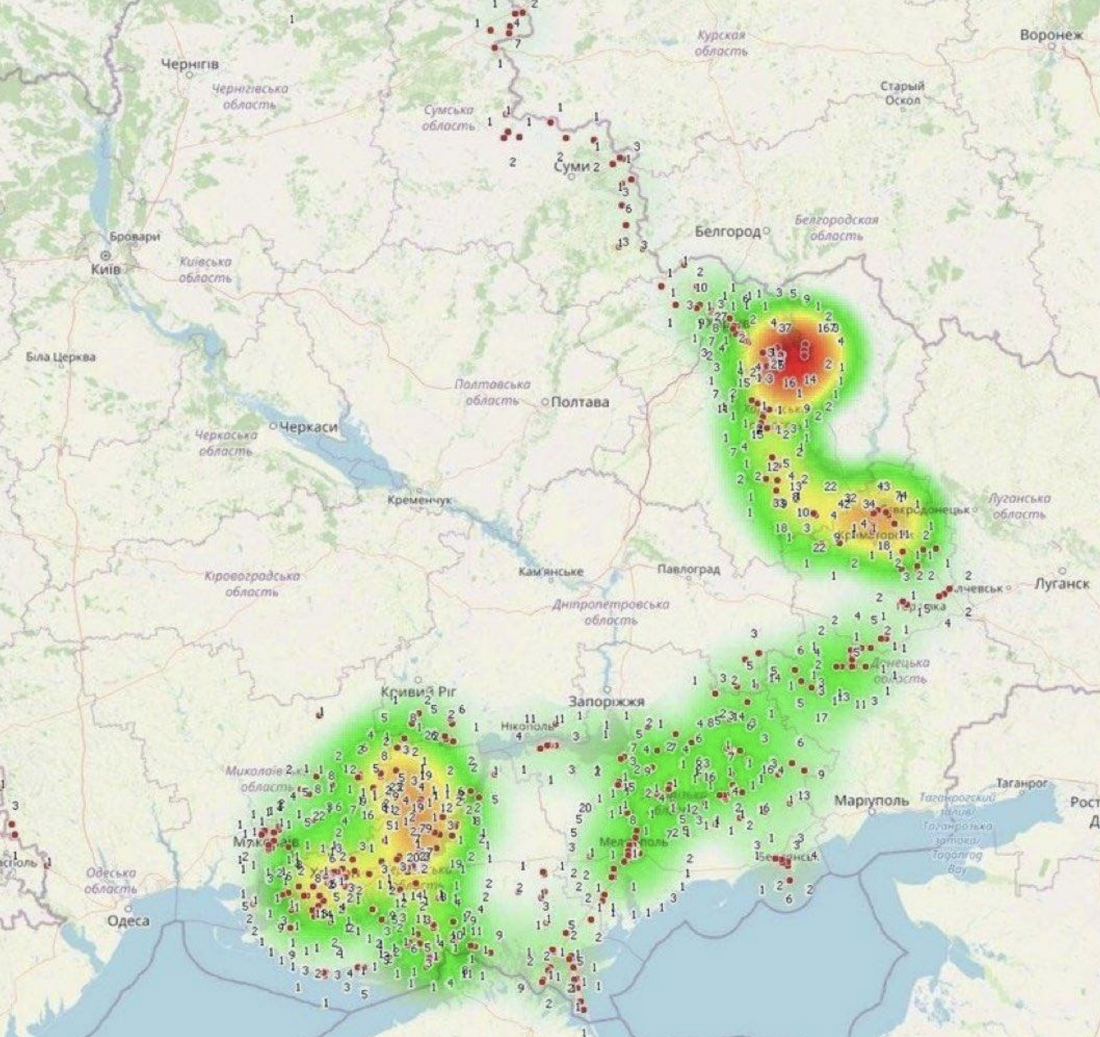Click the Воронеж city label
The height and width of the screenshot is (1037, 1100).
click(x=1051, y=35)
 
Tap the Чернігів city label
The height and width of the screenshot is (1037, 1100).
click(x=189, y=64)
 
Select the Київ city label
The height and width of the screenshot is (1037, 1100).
click(x=105, y=269)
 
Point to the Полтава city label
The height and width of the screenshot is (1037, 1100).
click(x=580, y=402)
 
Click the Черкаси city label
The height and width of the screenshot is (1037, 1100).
click(x=308, y=427)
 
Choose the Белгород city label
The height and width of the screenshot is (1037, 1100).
click(x=727, y=231)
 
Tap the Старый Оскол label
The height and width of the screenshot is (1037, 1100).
click(x=902, y=93)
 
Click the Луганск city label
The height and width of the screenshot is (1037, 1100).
click(x=1061, y=584)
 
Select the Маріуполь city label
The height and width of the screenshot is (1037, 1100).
click(x=871, y=801)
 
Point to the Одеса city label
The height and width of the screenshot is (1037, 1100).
click(x=128, y=921)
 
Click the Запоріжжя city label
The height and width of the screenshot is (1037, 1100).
click(x=607, y=702)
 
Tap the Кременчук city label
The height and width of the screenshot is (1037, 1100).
click(x=419, y=500)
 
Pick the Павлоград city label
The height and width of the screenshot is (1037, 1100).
click(x=688, y=570)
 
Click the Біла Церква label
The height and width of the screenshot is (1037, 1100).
click(x=61, y=357)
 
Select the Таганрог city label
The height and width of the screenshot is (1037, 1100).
click(x=1022, y=783)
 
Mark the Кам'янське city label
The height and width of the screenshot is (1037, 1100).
click(x=551, y=572)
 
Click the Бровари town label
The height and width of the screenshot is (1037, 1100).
click(x=135, y=236)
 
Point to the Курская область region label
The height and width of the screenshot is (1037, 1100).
click(x=721, y=43)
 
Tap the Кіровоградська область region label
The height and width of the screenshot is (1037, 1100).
click(x=252, y=583)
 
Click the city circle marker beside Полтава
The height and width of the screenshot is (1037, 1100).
click(x=544, y=402)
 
